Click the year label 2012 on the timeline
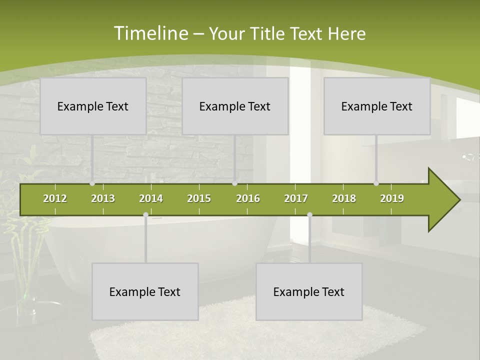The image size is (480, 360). coord(55,198)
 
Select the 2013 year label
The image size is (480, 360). coord(103,198)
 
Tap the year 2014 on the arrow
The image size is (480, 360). coord(151,198)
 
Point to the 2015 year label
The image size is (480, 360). coord(199,198)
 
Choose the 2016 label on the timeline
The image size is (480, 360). coord(248,198)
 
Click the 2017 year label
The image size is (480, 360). coord(296,198)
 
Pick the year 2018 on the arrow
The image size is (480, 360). coord(344,198)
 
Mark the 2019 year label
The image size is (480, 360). coord(392,198)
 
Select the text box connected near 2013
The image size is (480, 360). coord(93,106)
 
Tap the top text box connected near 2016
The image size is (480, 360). coord(235,106)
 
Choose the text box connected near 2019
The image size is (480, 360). coord(377,106)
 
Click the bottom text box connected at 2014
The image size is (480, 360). coord(145,291)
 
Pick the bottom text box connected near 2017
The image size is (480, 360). coord(309,291)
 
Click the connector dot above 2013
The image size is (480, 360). coord(92,183)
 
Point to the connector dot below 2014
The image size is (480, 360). coord(145,214)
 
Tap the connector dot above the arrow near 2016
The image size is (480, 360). coord(234,183)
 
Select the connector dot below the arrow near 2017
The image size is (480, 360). coord(309,214)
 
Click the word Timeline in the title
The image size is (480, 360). coord(150,33)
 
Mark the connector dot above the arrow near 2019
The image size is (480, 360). coord(376,183)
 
